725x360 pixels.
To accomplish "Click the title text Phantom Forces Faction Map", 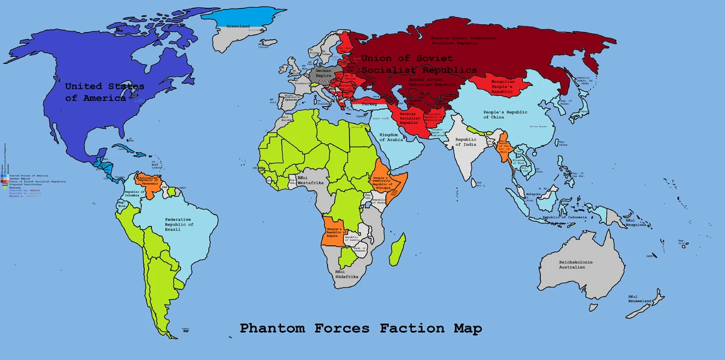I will [361, 329].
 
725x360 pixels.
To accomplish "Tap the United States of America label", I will [105, 92].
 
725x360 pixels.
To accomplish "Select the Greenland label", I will [237, 27].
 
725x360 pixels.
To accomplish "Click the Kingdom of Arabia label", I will [391, 136].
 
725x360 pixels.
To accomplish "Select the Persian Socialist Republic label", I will [408, 118].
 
